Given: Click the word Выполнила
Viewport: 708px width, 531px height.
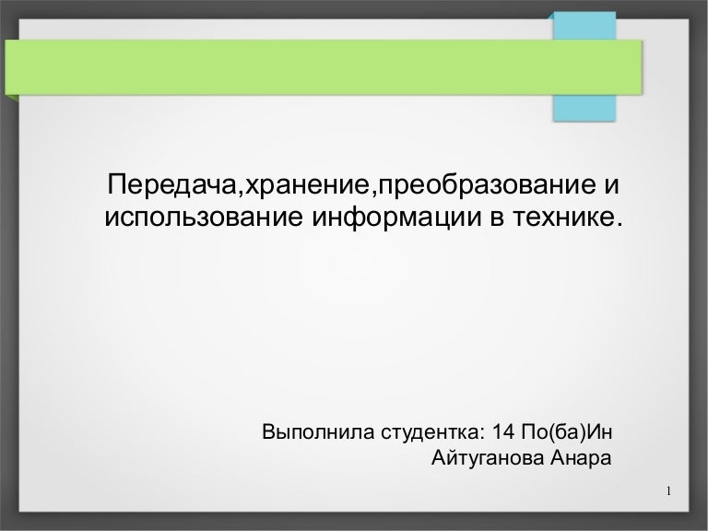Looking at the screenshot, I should coord(308,431).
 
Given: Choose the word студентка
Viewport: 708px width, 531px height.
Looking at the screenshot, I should coord(419,431).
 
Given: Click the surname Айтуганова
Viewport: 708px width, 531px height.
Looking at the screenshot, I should coord(485,458).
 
